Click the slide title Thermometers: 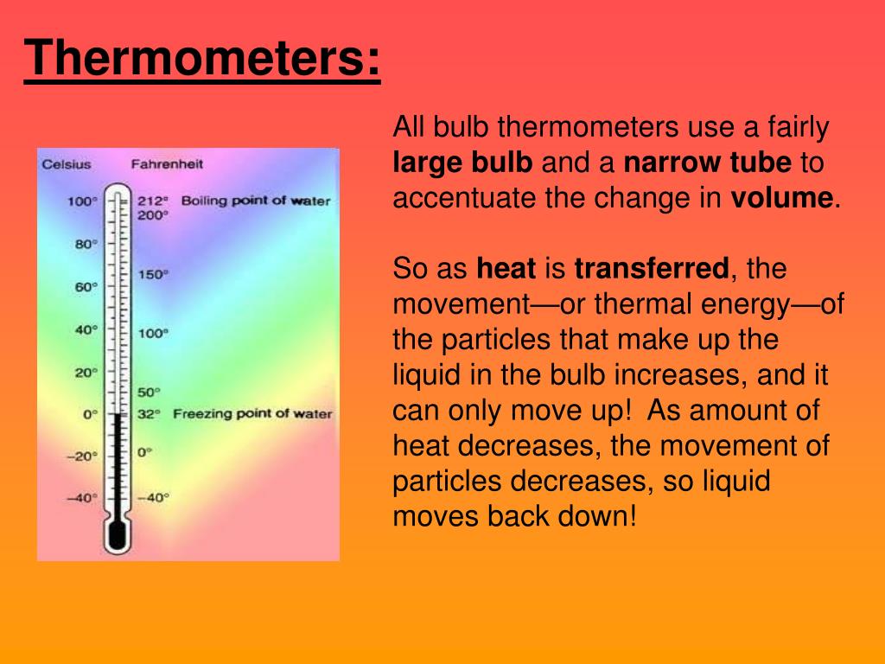click(202, 59)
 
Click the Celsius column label click(67, 163)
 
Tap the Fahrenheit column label click(168, 163)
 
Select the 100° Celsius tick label click(83, 201)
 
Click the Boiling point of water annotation click(255, 201)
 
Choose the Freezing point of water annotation click(252, 413)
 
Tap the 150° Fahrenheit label click(153, 274)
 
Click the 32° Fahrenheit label click(149, 414)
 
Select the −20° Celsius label click(83, 456)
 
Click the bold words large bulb click(462, 163)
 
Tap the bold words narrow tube click(707, 163)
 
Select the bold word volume click(781, 198)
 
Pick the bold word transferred click(652, 269)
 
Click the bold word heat click(506, 269)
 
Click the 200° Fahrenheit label click(153, 214)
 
